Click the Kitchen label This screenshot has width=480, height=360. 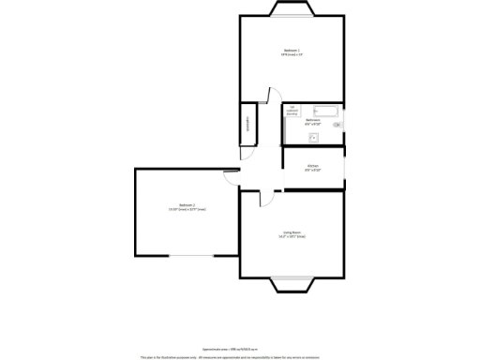click(x=313, y=166)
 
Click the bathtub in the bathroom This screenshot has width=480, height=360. click(x=324, y=110)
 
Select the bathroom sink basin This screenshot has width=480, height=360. click(x=313, y=139)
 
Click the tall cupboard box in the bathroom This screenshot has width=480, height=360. click(x=292, y=109)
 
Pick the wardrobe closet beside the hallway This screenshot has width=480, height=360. click(x=248, y=124)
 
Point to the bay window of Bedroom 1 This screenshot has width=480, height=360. click(x=292, y=9)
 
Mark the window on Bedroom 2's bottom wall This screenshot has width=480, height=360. click(x=194, y=255)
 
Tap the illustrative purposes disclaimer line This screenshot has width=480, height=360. click(x=240, y=356)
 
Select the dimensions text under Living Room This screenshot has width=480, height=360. click(x=292, y=237)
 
